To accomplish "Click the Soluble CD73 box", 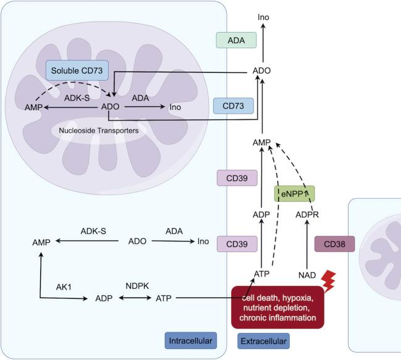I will [77, 70].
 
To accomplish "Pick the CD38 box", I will [335, 244].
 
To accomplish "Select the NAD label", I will [307, 274].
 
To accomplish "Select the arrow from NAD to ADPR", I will [307, 244].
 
